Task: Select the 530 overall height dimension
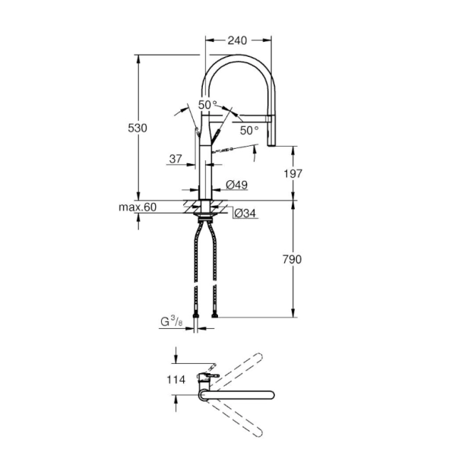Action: pos(138,128)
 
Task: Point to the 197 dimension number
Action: pos(293,173)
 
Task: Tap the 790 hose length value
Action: pos(293,259)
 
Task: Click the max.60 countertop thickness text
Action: pos(137,207)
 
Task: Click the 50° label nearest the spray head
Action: pos(249,130)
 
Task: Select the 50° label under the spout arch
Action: pos(207,104)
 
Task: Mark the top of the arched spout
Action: pos(239,59)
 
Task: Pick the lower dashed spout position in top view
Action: pos(240,420)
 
